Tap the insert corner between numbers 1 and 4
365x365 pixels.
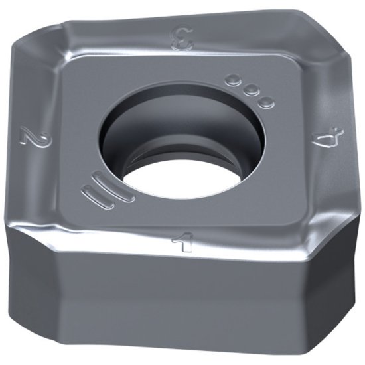pyautogui.click(x=332, y=239)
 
